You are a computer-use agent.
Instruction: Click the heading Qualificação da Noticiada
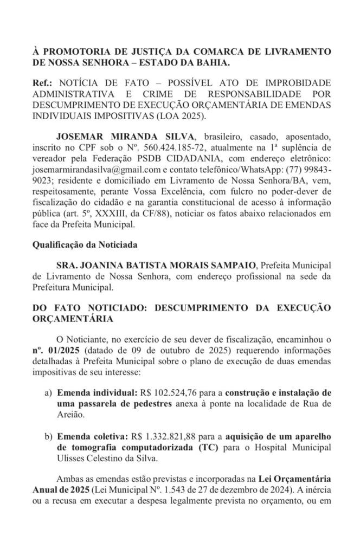click(x=85, y=245)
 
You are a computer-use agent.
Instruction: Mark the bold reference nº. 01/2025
click(x=53, y=350)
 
